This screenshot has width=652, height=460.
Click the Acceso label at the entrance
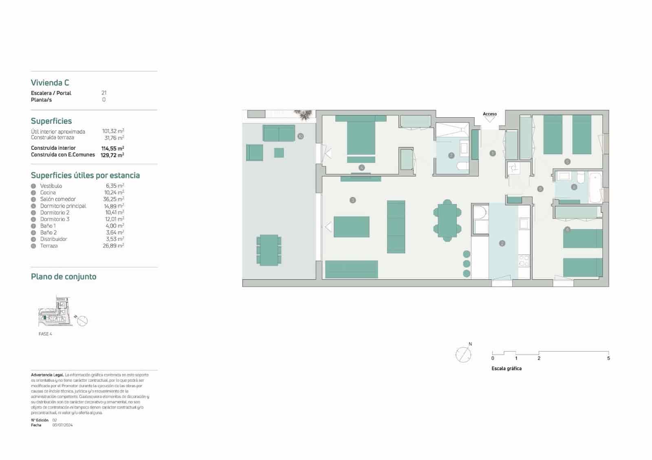click(489, 114)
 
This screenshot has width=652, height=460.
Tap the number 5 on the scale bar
click(608, 358)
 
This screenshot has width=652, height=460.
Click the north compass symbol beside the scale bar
click(463, 355)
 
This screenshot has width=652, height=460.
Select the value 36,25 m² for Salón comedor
click(114, 199)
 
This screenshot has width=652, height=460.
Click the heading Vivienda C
click(50, 83)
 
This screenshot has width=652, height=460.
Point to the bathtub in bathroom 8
click(596, 187)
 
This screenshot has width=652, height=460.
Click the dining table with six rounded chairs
click(447, 221)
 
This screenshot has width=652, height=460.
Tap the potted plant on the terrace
click(304, 115)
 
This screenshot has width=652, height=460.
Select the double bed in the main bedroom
click(361, 137)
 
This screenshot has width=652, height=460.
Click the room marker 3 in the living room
click(353, 200)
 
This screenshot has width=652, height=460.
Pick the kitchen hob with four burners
click(524, 261)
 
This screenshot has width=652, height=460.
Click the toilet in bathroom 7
click(463, 166)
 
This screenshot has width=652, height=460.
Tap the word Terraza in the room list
click(49, 246)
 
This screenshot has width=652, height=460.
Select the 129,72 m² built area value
click(112, 155)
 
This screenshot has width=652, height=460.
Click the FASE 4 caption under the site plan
click(45, 334)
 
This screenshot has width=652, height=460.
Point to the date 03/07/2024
click(62, 425)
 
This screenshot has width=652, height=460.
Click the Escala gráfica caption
click(507, 368)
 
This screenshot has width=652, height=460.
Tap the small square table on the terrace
click(279, 153)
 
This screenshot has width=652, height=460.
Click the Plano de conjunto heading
click(64, 277)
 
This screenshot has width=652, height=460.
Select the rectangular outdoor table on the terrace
click(269, 250)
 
